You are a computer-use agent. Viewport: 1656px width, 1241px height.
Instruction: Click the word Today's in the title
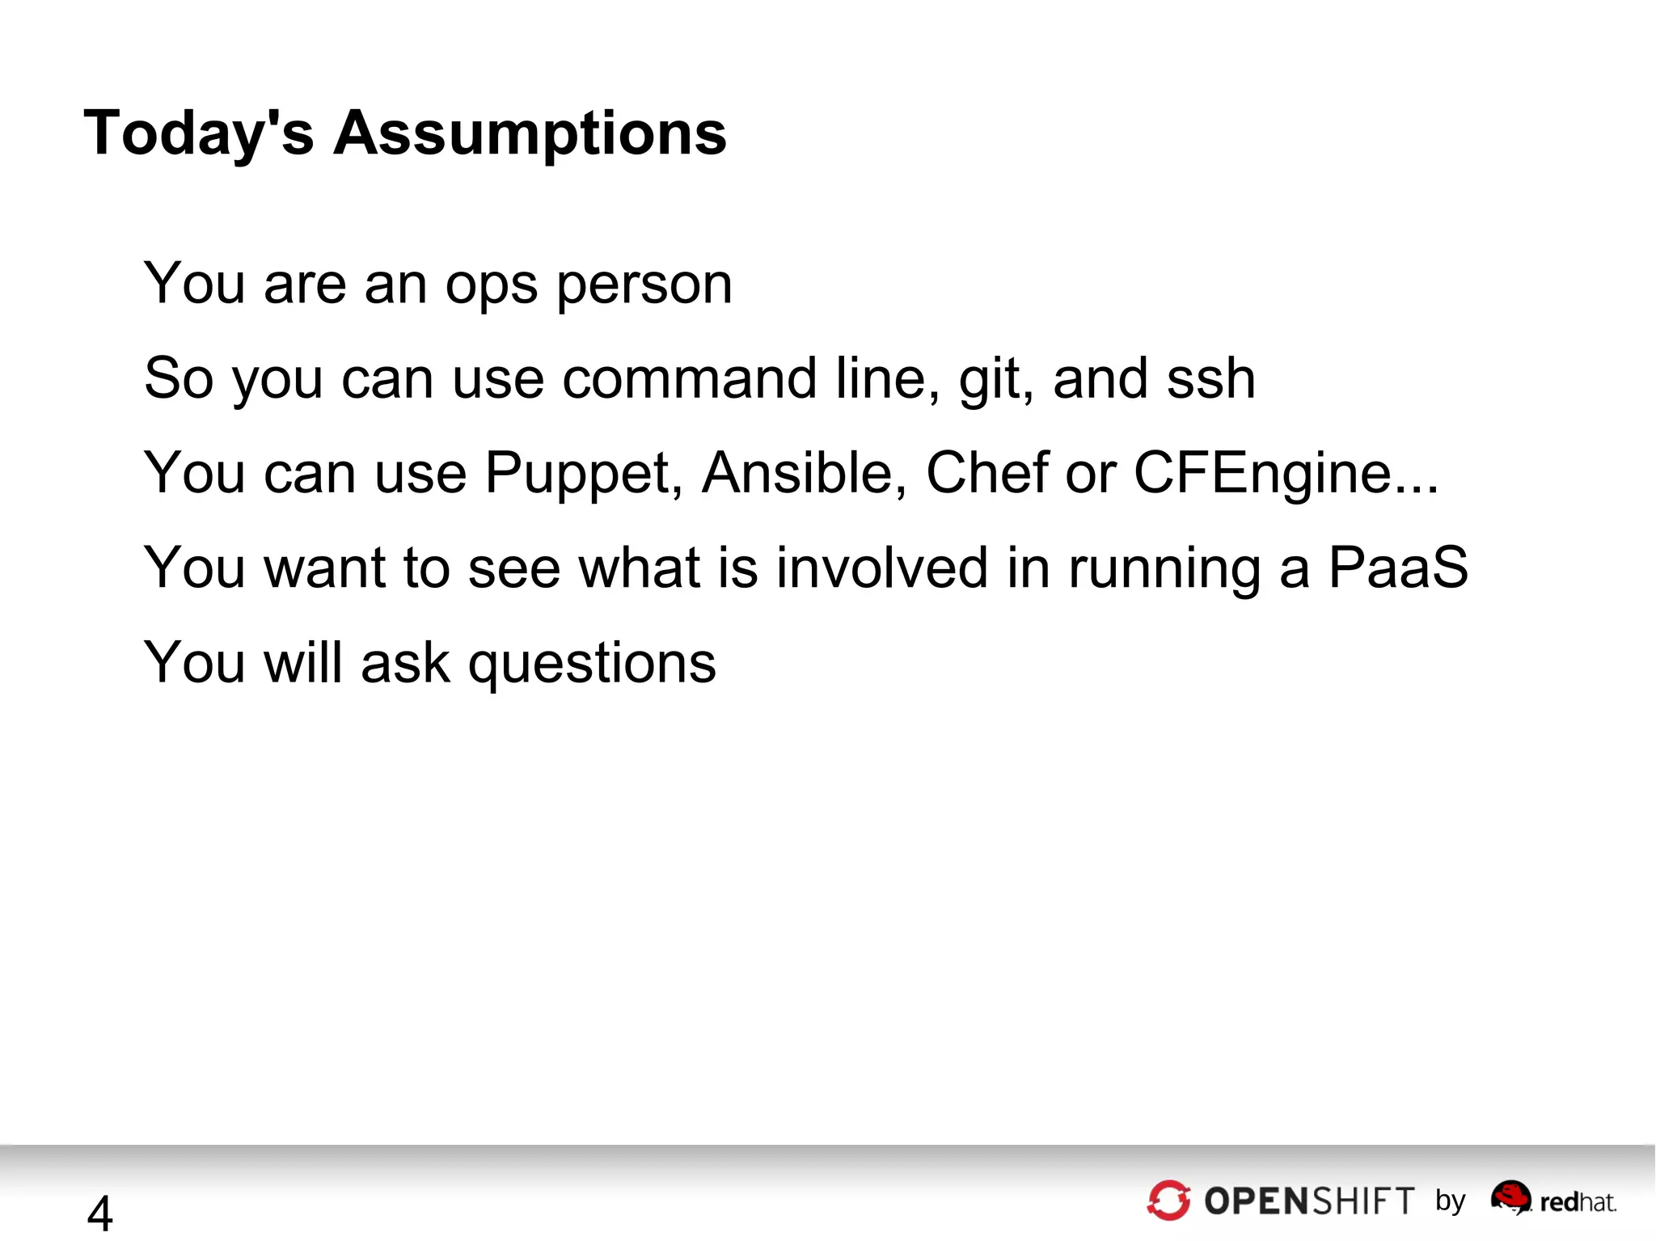click(198, 133)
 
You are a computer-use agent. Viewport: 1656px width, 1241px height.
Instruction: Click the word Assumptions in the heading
click(530, 133)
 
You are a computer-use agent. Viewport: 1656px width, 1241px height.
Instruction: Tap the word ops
click(491, 285)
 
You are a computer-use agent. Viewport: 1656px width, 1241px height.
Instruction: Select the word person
click(644, 285)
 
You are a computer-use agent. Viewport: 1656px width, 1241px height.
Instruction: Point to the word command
click(689, 378)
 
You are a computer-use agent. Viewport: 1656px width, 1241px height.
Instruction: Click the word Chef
click(986, 473)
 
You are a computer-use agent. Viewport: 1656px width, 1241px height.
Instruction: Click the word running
click(1164, 568)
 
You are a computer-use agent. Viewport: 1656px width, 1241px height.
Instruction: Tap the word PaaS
click(1398, 568)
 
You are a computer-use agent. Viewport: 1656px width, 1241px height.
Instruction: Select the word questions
click(592, 663)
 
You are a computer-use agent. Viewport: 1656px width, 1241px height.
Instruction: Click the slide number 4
click(99, 1213)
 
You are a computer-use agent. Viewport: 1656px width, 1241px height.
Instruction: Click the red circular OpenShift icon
click(1168, 1200)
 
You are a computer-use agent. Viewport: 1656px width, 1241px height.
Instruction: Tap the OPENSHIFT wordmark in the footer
click(1309, 1201)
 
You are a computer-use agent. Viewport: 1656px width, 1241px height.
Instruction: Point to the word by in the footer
click(1451, 1201)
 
